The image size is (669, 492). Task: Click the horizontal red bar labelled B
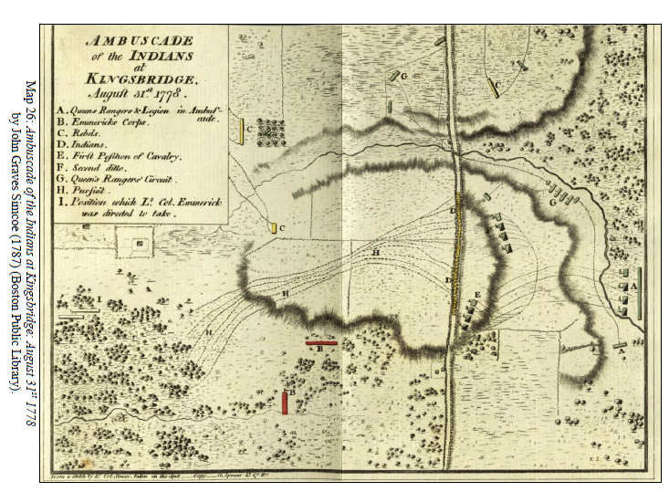pos(321,343)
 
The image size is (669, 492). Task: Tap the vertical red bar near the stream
pos(286,402)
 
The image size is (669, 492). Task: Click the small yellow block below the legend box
pos(273,226)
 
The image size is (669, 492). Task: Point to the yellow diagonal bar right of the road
pos(493,88)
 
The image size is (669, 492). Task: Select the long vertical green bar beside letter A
pos(639,291)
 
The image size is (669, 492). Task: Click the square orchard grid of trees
pos(271,132)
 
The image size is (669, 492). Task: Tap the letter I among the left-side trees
pos(98,298)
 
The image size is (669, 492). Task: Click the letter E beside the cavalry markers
pos(477,294)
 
